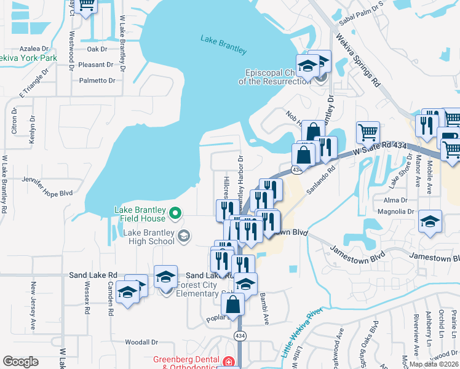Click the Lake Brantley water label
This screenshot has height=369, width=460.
click(x=223, y=44)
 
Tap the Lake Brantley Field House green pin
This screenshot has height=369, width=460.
click(x=175, y=214)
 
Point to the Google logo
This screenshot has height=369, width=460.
click(x=20, y=362)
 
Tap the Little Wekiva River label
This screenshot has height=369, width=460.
click(x=302, y=333)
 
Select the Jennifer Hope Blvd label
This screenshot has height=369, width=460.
click(x=46, y=192)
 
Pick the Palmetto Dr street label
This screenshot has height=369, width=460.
click(x=97, y=81)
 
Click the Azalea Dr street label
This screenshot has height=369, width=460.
click(x=34, y=49)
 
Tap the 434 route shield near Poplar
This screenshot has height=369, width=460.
click(x=240, y=336)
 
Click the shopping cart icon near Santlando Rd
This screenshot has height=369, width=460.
click(x=368, y=131)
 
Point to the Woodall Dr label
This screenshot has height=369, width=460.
click(x=141, y=342)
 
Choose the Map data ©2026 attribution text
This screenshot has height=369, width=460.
click(x=434, y=364)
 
